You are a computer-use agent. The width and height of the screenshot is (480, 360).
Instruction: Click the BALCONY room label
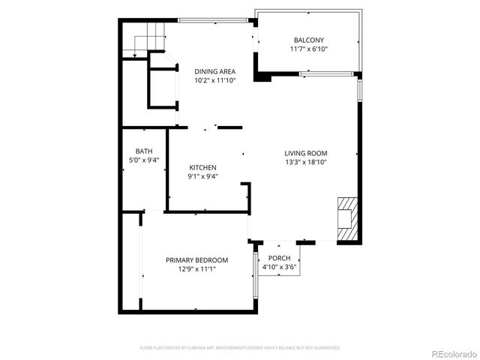click(309, 40)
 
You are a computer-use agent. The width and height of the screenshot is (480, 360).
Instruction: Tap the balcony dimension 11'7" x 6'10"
click(309, 49)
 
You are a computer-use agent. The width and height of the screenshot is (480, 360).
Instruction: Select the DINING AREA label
click(215, 72)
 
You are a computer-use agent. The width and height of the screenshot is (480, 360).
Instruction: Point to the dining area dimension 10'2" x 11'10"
click(215, 81)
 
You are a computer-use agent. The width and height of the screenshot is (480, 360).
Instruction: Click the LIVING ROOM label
click(305, 153)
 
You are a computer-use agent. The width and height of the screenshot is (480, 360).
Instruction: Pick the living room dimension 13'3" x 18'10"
click(305, 162)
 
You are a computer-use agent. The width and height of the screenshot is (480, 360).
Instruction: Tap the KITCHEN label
click(202, 168)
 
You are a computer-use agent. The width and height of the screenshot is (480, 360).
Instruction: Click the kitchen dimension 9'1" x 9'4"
click(202, 177)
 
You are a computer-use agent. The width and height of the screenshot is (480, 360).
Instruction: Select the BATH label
click(143, 151)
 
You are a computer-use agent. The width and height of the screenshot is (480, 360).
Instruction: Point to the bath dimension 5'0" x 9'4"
click(143, 160)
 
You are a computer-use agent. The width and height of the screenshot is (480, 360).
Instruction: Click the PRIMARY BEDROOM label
click(197, 260)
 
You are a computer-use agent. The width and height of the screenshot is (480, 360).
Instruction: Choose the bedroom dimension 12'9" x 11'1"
click(197, 269)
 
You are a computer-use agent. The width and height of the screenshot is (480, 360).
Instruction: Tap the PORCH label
click(280, 258)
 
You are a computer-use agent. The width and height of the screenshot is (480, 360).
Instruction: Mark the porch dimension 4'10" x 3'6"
click(280, 267)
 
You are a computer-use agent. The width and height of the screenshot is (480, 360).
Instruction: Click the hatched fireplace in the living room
click(346, 218)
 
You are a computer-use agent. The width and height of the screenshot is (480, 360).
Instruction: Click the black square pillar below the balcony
click(262, 76)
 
